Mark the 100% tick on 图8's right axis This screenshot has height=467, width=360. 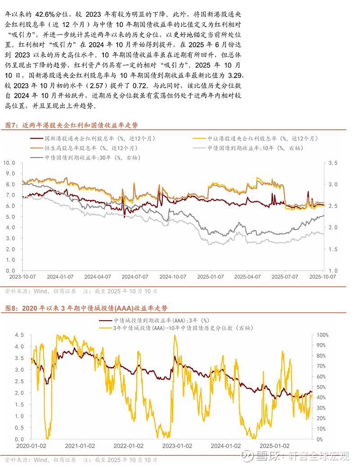point(324,336)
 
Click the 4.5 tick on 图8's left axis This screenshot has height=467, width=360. point(19,336)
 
